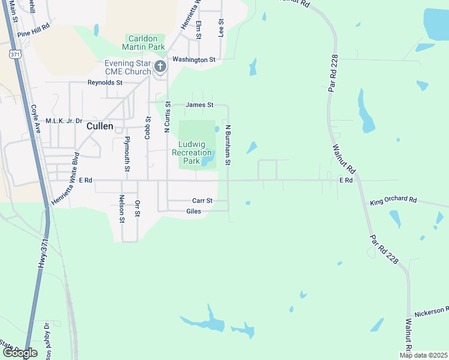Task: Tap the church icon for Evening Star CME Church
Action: [x=160, y=66]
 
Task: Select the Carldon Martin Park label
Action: [x=143, y=42]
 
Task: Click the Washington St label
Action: [x=193, y=59]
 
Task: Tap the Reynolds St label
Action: [x=105, y=83]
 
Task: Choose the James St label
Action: [x=199, y=104]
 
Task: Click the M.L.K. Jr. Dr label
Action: [x=64, y=121]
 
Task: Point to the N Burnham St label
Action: [x=228, y=146]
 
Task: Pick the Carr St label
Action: [x=202, y=200]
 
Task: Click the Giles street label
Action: [x=194, y=211]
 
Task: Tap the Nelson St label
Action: [x=122, y=209]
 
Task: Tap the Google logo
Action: [x=20, y=353]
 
